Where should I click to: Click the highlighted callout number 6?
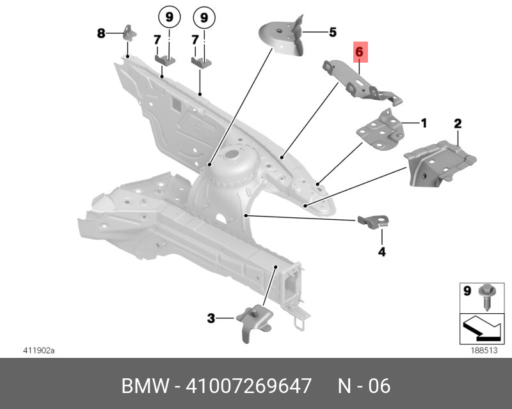(359, 50)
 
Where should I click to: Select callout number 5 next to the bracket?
(332, 31)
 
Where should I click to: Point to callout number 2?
(458, 123)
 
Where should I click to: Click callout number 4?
(381, 252)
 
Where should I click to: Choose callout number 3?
(211, 317)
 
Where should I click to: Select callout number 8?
(100, 33)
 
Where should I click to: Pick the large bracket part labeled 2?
(438, 164)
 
